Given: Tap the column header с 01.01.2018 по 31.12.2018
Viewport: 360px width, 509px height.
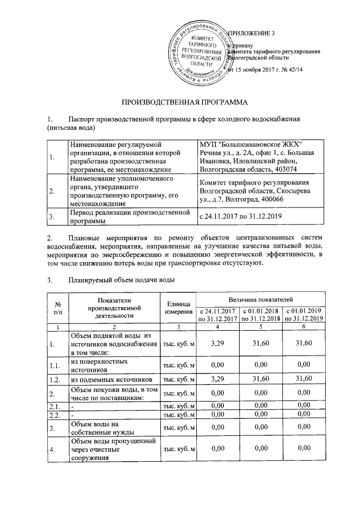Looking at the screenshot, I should coord(261,315).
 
